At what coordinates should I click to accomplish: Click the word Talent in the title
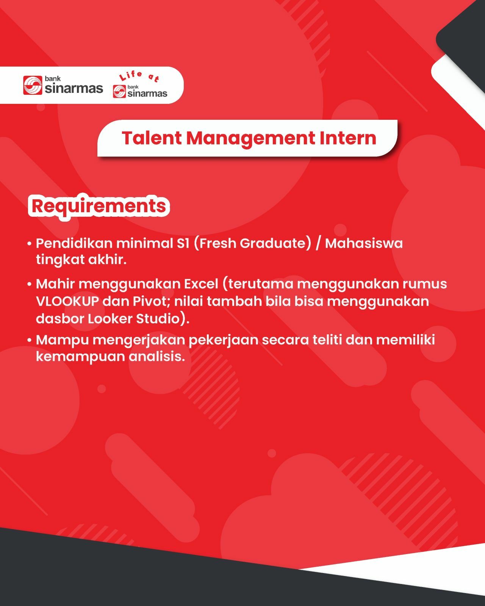pyautogui.click(x=152, y=138)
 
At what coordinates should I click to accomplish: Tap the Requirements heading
pyautogui.click(x=99, y=207)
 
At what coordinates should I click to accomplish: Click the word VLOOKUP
pyautogui.click(x=67, y=301)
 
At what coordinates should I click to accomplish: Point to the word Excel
pyautogui.click(x=201, y=284)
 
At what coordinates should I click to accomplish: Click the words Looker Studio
pyautogui.click(x=134, y=319)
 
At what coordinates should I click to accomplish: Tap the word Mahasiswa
pyautogui.click(x=364, y=243)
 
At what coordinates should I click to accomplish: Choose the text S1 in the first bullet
pyautogui.click(x=183, y=243)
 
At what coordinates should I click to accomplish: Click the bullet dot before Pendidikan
pyautogui.click(x=29, y=244)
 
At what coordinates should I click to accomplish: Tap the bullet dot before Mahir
pyautogui.click(x=29, y=284)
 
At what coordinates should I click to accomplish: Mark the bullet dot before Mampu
pyautogui.click(x=29, y=340)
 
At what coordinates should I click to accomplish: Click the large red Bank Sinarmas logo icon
pyautogui.click(x=33, y=85)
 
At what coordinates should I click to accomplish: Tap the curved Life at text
pyautogui.click(x=139, y=76)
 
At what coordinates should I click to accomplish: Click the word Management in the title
pyautogui.click(x=251, y=138)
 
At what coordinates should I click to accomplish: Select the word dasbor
pyautogui.click(x=60, y=319)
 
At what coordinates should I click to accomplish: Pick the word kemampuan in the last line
pyautogui.click(x=81, y=357)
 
